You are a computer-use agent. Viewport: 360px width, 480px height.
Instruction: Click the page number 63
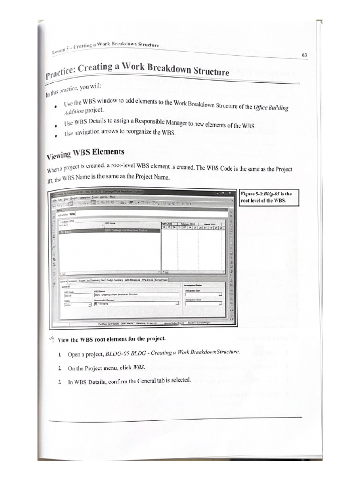click(x=304, y=55)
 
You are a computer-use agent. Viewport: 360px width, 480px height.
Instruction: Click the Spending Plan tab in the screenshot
click(x=96, y=280)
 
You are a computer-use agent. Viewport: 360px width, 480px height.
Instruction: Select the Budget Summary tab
click(x=114, y=280)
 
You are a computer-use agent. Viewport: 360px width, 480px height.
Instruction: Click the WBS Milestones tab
click(x=134, y=280)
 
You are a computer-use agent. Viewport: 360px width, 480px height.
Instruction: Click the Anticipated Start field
click(x=203, y=294)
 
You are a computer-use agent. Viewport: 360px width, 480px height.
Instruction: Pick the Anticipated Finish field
click(x=203, y=304)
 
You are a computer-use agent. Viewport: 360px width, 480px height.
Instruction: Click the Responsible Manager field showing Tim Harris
click(x=136, y=304)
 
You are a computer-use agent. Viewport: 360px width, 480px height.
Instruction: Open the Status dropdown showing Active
click(x=77, y=304)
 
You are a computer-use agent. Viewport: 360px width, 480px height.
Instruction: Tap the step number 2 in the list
click(x=60, y=368)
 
